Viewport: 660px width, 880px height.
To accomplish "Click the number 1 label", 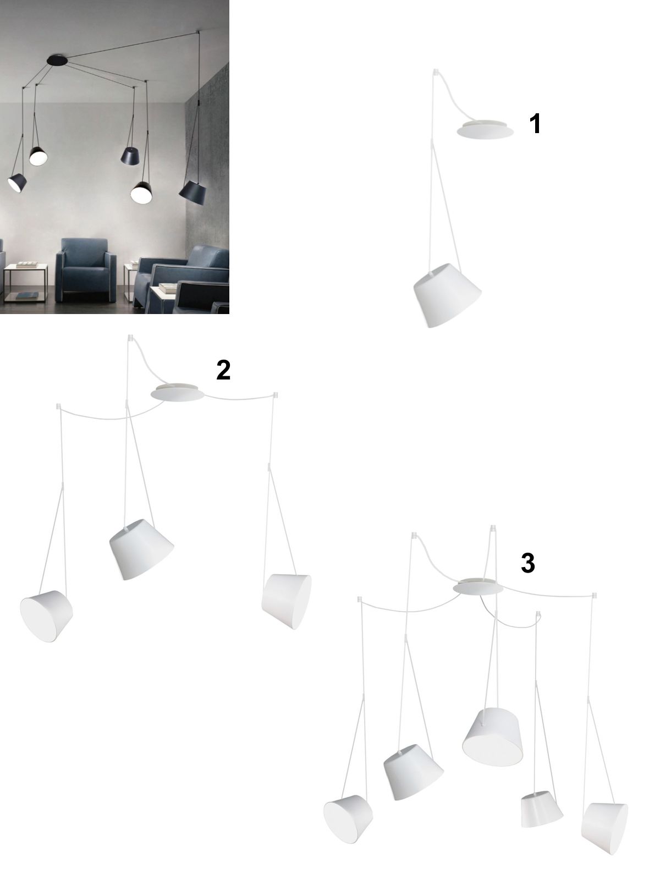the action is [x=535, y=124].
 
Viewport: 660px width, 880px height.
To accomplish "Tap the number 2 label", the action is [x=223, y=370].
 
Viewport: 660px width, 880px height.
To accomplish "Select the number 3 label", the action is [x=528, y=563].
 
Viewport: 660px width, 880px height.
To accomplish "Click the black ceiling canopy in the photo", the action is [x=57, y=60].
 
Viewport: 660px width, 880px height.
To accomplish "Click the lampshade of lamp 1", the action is [x=447, y=295].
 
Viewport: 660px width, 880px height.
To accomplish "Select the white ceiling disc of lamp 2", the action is [x=178, y=393].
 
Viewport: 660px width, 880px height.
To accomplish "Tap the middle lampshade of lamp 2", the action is [x=141, y=549].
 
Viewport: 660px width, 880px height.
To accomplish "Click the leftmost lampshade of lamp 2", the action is [x=47, y=616].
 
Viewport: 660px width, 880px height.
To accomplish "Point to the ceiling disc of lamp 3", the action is [x=478, y=588].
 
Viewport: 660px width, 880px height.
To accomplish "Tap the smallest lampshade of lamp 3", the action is [x=541, y=804].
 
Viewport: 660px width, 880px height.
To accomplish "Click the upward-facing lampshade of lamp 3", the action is [x=492, y=743].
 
